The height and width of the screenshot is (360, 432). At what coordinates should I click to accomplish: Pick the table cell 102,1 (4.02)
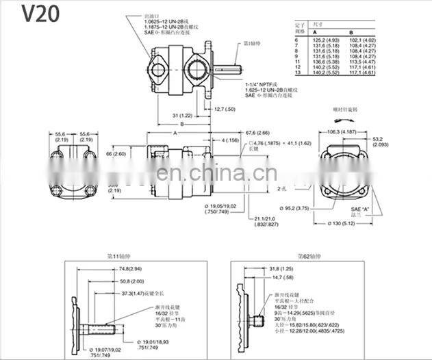[x=361, y=40]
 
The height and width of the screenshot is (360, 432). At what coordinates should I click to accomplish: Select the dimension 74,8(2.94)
[x=129, y=270]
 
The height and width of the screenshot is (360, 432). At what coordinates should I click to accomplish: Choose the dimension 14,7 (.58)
[x=277, y=277]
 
